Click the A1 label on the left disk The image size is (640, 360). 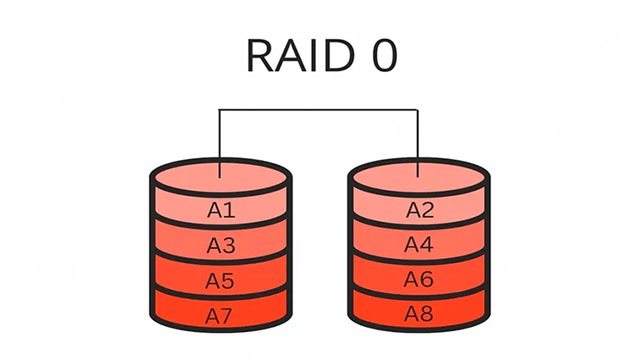(220, 210)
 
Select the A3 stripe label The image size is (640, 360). (220, 245)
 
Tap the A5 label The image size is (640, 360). (220, 280)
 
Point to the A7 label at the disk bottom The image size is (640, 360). (220, 316)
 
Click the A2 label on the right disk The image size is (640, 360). (419, 210)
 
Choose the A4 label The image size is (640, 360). (419, 245)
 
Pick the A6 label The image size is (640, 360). (419, 280)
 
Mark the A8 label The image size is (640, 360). (419, 315)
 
